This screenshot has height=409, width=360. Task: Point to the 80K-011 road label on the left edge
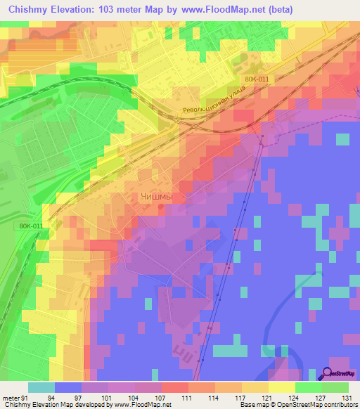tap(31, 226)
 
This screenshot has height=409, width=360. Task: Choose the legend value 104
tap(133, 397)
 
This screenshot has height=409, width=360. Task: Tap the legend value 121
tap(265, 397)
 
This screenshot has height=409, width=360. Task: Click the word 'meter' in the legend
tap(10, 397)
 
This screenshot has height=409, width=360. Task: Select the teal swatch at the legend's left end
tap(41, 387)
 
